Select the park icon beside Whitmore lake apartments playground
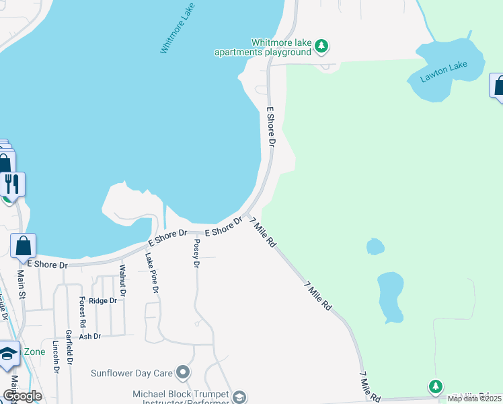[323, 46]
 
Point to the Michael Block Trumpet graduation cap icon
[239, 398]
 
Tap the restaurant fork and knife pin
[11, 184]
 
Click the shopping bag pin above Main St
[24, 248]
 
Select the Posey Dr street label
[196, 253]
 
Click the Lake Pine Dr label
[152, 272]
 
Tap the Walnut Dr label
[122, 280]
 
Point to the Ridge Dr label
[103, 300]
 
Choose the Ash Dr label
[89, 336]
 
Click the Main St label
[22, 285]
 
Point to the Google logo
[22, 396]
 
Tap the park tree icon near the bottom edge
[436, 386]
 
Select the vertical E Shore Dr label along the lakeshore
[271, 126]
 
